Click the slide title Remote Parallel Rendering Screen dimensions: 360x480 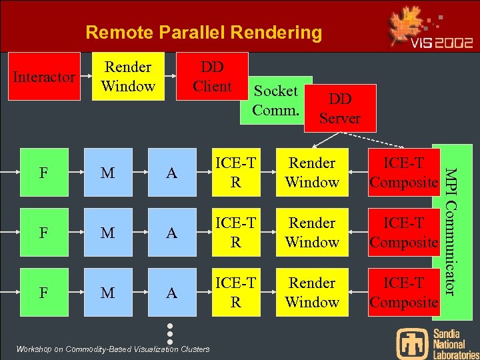tap(203, 32)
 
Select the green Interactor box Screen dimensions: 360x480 tap(43, 77)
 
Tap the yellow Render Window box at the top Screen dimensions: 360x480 tap(128, 77)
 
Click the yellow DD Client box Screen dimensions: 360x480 tap(212, 77)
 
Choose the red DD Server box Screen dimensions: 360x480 tap(340, 108)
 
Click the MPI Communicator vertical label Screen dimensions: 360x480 tap(450, 230)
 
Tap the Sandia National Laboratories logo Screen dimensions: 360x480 tap(437, 343)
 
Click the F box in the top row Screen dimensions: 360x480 tap(43, 173)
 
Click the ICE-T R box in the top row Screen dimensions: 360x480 tap(235, 173)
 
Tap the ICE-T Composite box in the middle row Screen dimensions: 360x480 tap(403, 233)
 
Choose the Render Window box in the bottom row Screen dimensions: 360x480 tap(311, 293)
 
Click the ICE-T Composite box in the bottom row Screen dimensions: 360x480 tap(403, 293)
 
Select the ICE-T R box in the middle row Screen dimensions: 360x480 tap(235, 233)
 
